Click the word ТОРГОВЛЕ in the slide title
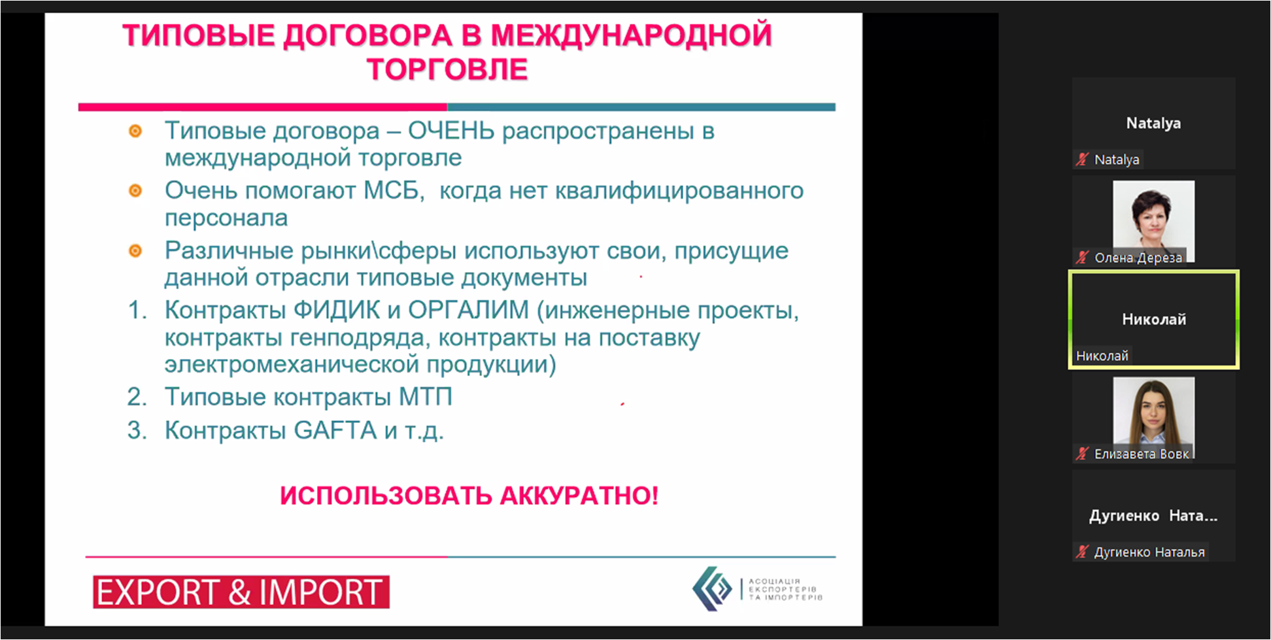pyautogui.click(x=447, y=69)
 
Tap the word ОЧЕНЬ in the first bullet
pyautogui.click(x=451, y=131)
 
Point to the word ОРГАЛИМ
pyautogui.click(x=468, y=310)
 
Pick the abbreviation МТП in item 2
pyautogui.click(x=425, y=397)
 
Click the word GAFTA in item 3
pyautogui.click(x=335, y=430)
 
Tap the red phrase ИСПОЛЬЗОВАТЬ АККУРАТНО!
pyautogui.click(x=469, y=496)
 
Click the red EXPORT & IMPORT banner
pyautogui.click(x=241, y=592)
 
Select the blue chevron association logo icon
pyautogui.click(x=711, y=588)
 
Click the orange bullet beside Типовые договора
pyautogui.click(x=135, y=131)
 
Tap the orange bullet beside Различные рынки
pyautogui.click(x=135, y=251)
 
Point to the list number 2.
pyautogui.click(x=137, y=397)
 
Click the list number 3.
pyautogui.click(x=137, y=430)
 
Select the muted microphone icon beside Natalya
pyautogui.click(x=1082, y=159)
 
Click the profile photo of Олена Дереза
pyautogui.click(x=1154, y=221)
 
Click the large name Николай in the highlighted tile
pyautogui.click(x=1154, y=320)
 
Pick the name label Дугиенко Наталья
pyautogui.click(x=1149, y=552)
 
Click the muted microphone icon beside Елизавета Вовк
pyautogui.click(x=1082, y=453)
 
